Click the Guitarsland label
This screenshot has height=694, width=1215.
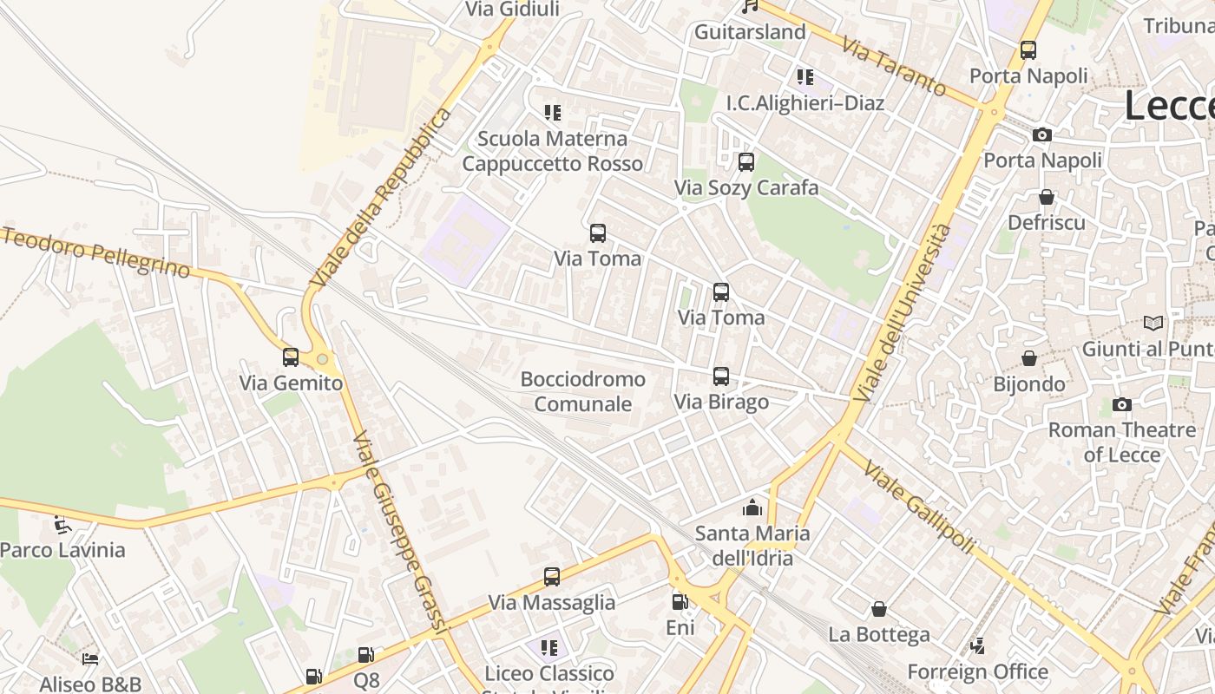pyautogui.click(x=750, y=32)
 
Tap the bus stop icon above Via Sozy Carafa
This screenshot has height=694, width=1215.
pyautogui.click(x=746, y=162)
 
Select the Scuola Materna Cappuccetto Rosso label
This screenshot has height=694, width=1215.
pyautogui.click(x=552, y=151)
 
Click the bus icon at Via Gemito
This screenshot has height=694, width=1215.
pyautogui.click(x=291, y=357)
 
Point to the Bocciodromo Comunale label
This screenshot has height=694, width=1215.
pyautogui.click(x=582, y=391)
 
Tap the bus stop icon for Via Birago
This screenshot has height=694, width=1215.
pyautogui.click(x=721, y=376)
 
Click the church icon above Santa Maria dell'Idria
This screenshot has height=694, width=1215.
pyautogui.click(x=752, y=507)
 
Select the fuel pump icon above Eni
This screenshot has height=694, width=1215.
pyautogui.click(x=680, y=601)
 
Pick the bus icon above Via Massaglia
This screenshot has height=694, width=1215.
pyautogui.click(x=552, y=577)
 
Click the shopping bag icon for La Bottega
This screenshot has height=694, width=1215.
pyautogui.click(x=879, y=609)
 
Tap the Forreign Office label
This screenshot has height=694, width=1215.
pyautogui.click(x=977, y=671)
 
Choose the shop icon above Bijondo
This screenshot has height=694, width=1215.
pyautogui.click(x=1029, y=358)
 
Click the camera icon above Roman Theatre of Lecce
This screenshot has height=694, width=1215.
pyautogui.click(x=1121, y=404)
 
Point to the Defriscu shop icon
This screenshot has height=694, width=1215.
pyautogui.click(x=1047, y=197)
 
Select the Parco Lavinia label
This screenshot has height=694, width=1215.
pyautogui.click(x=62, y=550)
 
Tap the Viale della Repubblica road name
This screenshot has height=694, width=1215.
pyautogui.click(x=383, y=198)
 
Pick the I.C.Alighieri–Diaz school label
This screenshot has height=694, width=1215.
pyautogui.click(x=805, y=103)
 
